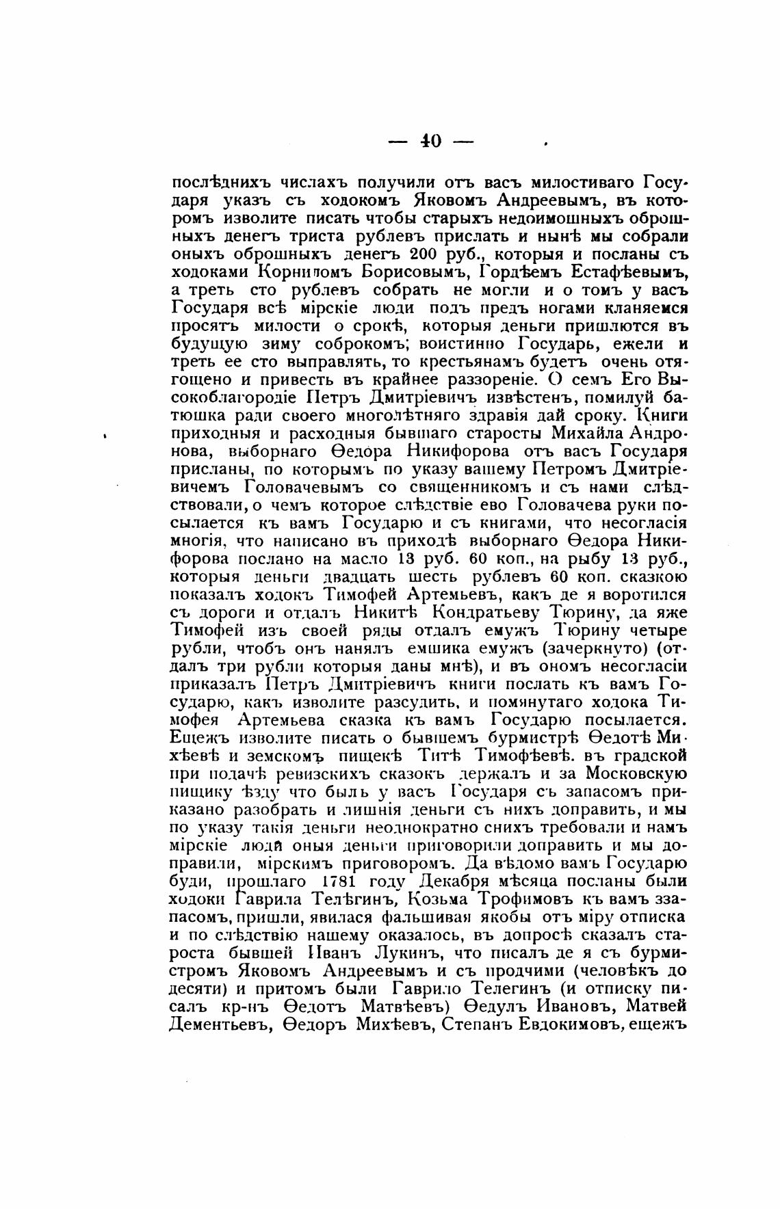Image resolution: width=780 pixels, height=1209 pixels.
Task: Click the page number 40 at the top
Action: [x=430, y=141]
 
